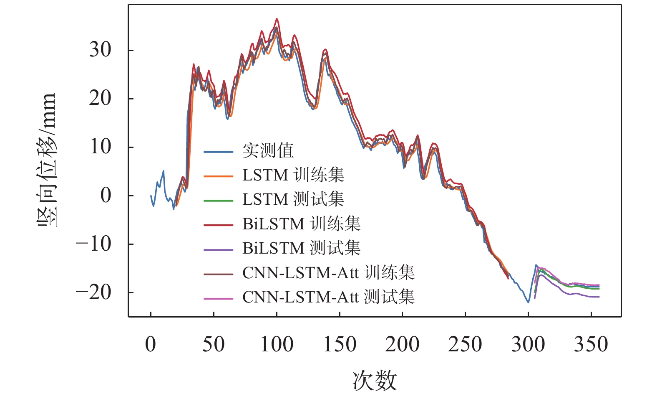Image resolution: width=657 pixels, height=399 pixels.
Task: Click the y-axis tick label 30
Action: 100,50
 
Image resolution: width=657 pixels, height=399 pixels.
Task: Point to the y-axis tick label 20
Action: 100,99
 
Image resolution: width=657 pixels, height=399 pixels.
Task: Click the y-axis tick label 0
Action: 106,196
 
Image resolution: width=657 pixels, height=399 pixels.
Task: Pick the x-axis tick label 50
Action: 214,345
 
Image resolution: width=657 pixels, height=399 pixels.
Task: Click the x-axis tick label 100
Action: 277,345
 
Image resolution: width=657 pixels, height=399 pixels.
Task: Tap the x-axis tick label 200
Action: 402,345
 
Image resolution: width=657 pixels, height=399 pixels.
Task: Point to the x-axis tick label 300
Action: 528,345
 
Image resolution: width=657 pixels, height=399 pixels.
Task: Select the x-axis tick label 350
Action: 591,345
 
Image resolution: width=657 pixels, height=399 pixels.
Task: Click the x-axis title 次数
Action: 374,381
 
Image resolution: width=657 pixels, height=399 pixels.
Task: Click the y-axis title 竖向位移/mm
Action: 47,160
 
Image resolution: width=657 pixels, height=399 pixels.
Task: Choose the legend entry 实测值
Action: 268,151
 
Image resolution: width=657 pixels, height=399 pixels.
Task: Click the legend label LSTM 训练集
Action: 293,175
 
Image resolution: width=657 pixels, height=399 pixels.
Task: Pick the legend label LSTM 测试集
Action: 293,199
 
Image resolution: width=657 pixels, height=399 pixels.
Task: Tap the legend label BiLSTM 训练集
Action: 301,224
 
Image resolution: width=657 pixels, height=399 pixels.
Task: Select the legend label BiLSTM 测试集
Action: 301,248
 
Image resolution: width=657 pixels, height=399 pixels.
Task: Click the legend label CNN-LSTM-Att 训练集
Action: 328,273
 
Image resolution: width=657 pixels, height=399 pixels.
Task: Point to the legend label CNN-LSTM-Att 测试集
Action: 328,297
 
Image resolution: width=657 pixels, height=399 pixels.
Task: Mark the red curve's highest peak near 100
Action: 277,19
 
